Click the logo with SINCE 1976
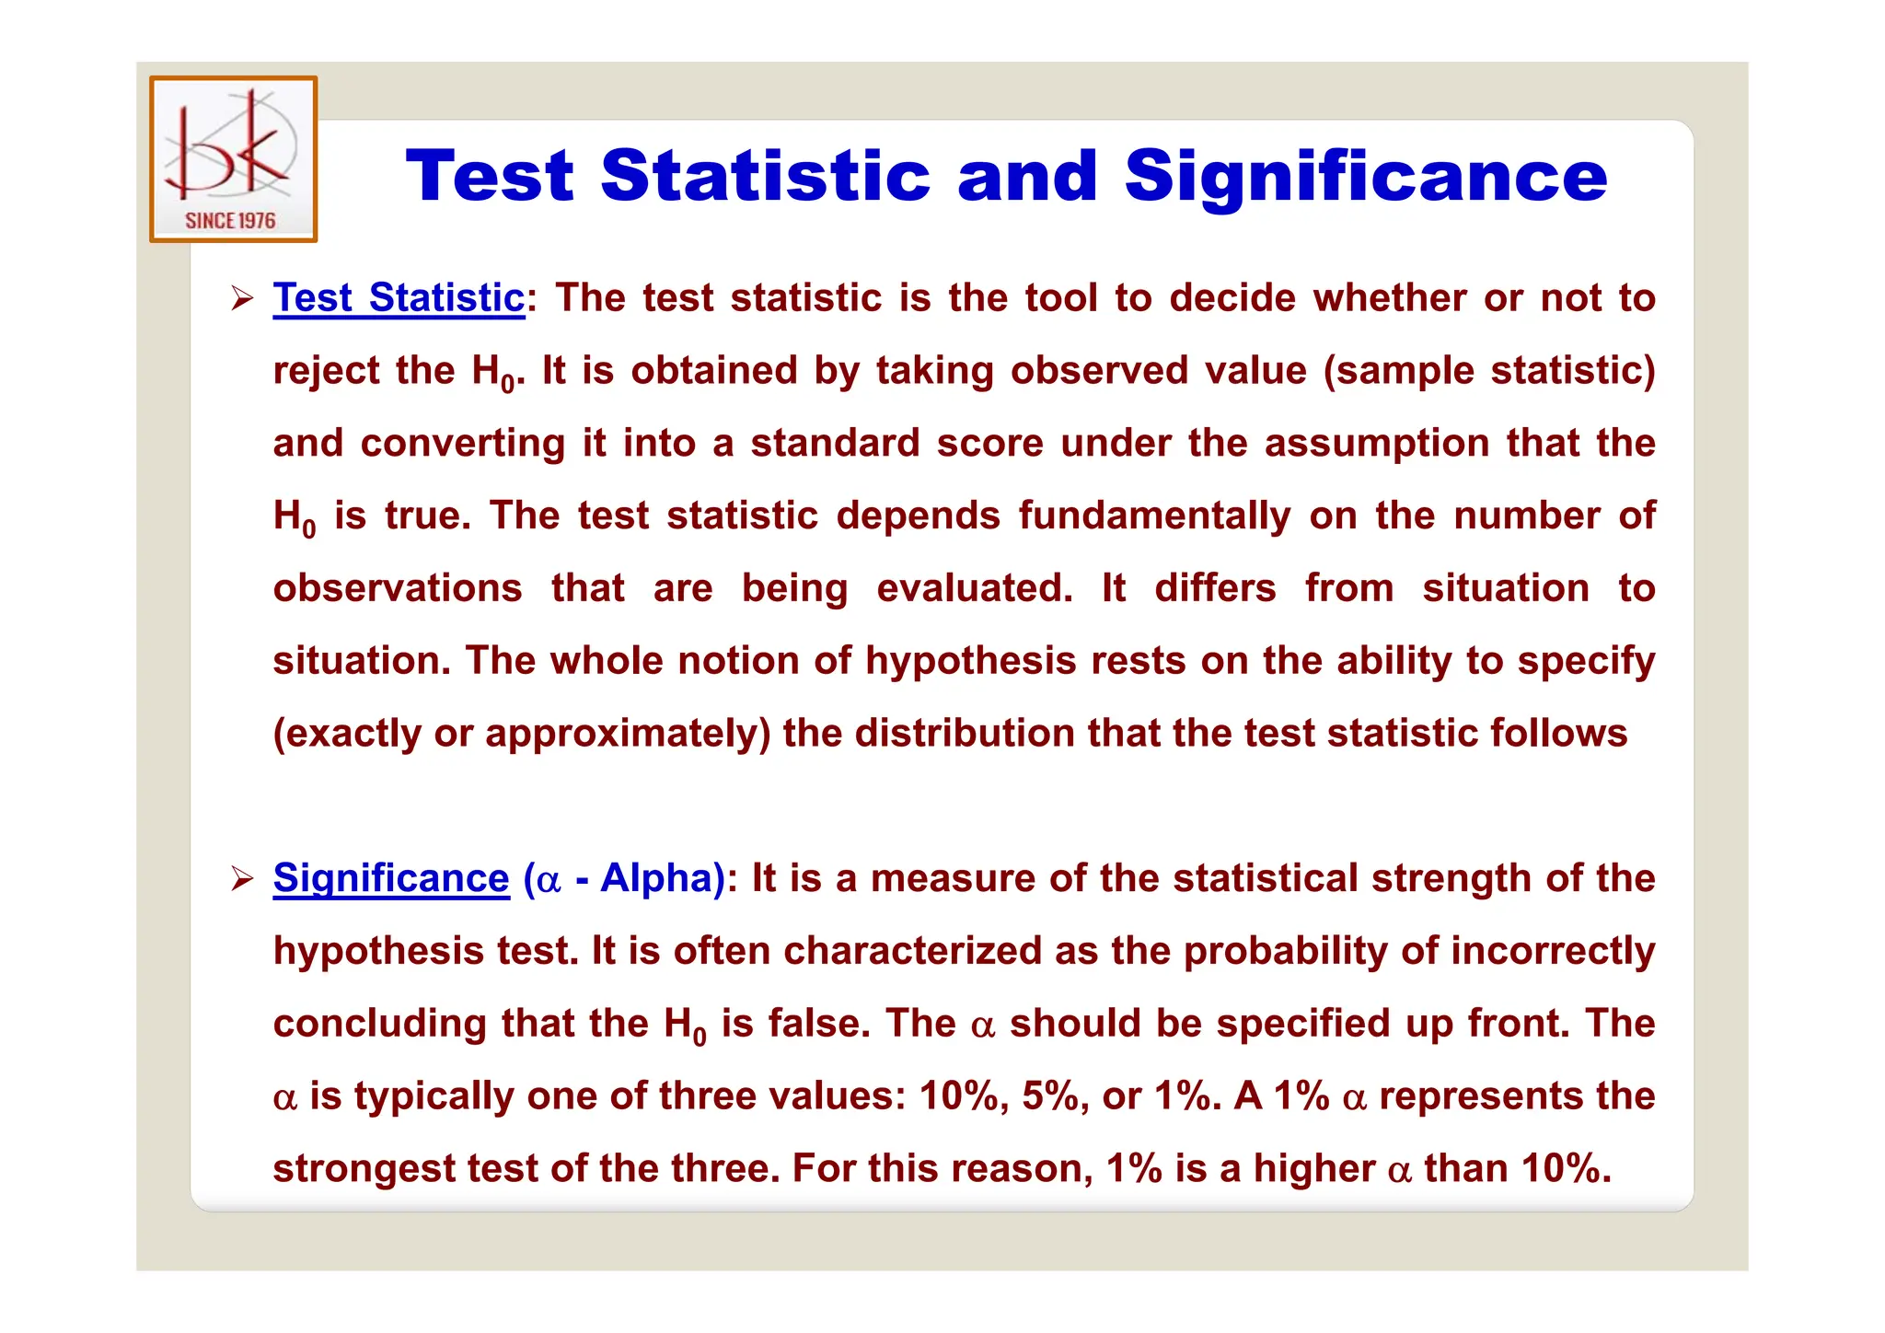(234, 159)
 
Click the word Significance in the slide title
(1365, 176)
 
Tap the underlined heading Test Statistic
(399, 298)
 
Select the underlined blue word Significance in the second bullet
(391, 878)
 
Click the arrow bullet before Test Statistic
(242, 298)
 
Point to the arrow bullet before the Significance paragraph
(242, 878)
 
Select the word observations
(398, 588)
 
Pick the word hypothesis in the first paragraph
(971, 661)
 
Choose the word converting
(463, 444)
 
